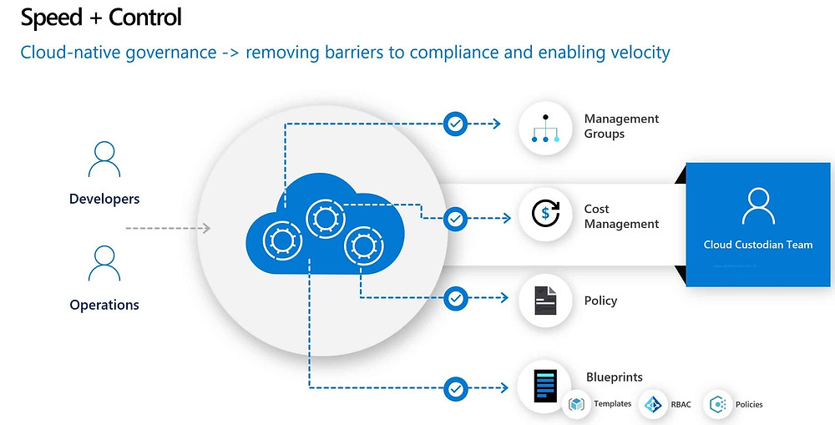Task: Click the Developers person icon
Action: pyautogui.click(x=104, y=159)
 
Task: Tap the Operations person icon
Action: pyautogui.click(x=104, y=264)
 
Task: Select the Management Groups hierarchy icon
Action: pyautogui.click(x=545, y=129)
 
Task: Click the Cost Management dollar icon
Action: pyautogui.click(x=545, y=214)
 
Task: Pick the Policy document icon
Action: pyautogui.click(x=545, y=300)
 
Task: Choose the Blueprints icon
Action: pyautogui.click(x=545, y=386)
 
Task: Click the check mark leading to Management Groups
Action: pyautogui.click(x=455, y=124)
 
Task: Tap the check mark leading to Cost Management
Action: pyautogui.click(x=455, y=219)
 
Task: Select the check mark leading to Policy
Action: pyautogui.click(x=455, y=298)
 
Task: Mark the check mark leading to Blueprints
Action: pyautogui.click(x=455, y=389)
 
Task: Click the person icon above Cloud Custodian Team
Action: pyautogui.click(x=758, y=206)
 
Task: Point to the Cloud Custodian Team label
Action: pyautogui.click(x=758, y=245)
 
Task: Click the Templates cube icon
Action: pyautogui.click(x=576, y=404)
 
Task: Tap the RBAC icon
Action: pyautogui.click(x=653, y=405)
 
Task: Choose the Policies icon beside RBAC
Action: pyautogui.click(x=718, y=405)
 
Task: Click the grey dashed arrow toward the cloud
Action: pyautogui.click(x=168, y=229)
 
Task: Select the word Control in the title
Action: pyautogui.click(x=145, y=18)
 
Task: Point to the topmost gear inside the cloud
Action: pyautogui.click(x=326, y=218)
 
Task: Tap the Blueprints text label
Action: pyautogui.click(x=615, y=377)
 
